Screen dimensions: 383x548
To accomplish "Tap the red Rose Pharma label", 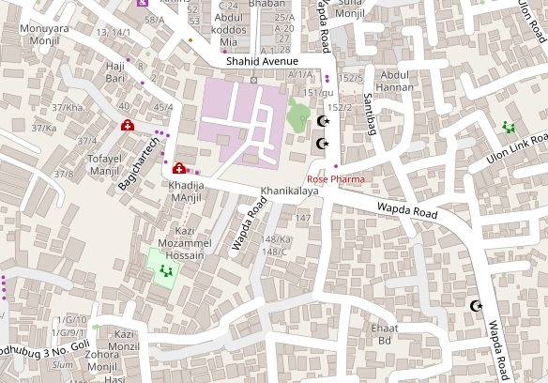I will click(335, 178).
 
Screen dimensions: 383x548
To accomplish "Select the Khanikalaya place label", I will click(289, 191).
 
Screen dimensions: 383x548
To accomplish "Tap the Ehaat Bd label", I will click(385, 334).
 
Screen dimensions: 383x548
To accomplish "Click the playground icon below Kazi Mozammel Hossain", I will click(166, 271).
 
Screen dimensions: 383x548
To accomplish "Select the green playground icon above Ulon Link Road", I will click(510, 127).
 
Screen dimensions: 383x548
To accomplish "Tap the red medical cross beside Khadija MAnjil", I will click(178, 169).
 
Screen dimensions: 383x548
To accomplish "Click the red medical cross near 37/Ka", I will click(127, 126).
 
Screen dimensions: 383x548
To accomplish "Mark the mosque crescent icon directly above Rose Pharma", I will click(324, 144).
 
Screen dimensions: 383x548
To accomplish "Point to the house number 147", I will click(303, 218).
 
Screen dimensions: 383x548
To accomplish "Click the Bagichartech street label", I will click(142, 161).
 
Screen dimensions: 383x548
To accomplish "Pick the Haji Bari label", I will click(115, 72).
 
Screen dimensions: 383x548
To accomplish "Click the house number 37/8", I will click(64, 174).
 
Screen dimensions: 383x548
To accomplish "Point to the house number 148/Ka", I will click(277, 239).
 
